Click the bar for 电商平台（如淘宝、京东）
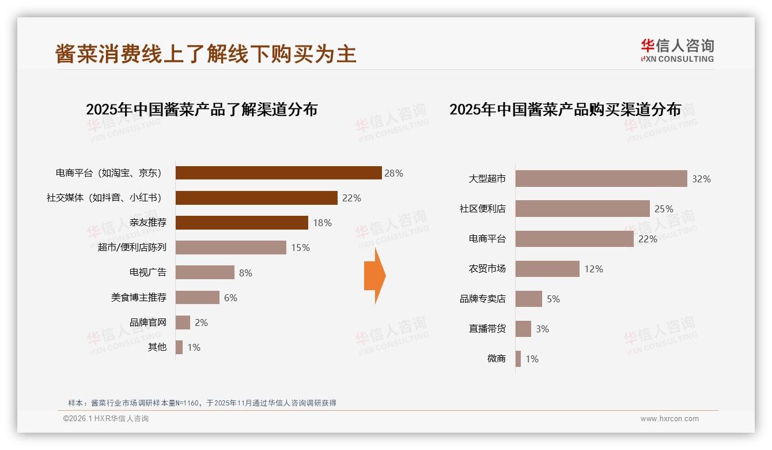pyautogui.click(x=278, y=173)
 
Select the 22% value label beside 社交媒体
pyautogui.click(x=351, y=198)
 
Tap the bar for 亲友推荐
pyautogui.click(x=242, y=223)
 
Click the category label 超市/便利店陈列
pyautogui.click(x=132, y=247)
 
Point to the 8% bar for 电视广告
pyautogui.click(x=205, y=272)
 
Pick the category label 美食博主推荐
pyautogui.click(x=139, y=298)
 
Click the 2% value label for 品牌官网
pyautogui.click(x=201, y=322)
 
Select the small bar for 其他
pyautogui.click(x=179, y=347)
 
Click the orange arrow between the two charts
pyautogui.click(x=375, y=276)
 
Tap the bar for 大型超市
pyautogui.click(x=601, y=179)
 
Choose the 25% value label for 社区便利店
pyautogui.click(x=664, y=209)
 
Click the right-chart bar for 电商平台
pyautogui.click(x=574, y=239)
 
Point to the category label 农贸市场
pyautogui.click(x=487, y=269)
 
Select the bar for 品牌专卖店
pyautogui.click(x=529, y=299)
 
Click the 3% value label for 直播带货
pyautogui.click(x=542, y=329)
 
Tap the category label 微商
pyautogui.click(x=496, y=359)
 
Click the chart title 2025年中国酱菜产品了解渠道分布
pyautogui.click(x=202, y=110)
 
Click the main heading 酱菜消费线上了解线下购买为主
pyautogui.click(x=206, y=54)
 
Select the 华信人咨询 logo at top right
pyautogui.click(x=677, y=50)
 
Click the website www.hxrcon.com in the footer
pyautogui.click(x=669, y=419)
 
